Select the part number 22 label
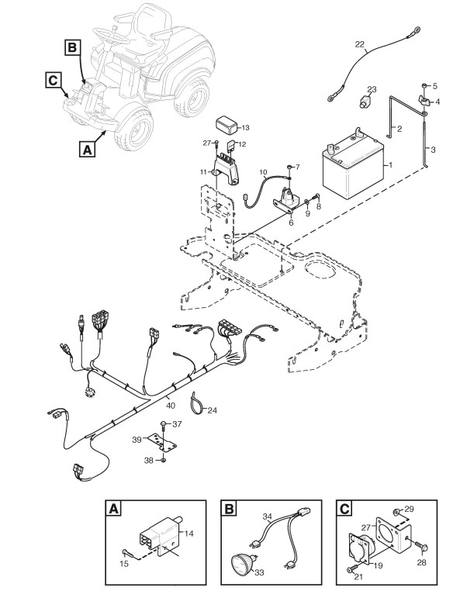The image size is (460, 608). (360, 44)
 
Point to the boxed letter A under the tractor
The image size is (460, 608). (87, 149)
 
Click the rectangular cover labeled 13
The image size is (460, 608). (227, 125)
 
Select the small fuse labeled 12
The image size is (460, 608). (231, 146)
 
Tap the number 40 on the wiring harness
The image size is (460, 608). (171, 406)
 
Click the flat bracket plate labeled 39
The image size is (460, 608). (162, 442)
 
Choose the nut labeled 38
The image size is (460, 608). (163, 460)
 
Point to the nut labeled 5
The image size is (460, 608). (424, 85)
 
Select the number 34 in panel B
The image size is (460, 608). (267, 516)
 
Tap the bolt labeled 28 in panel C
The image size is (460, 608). (420, 546)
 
